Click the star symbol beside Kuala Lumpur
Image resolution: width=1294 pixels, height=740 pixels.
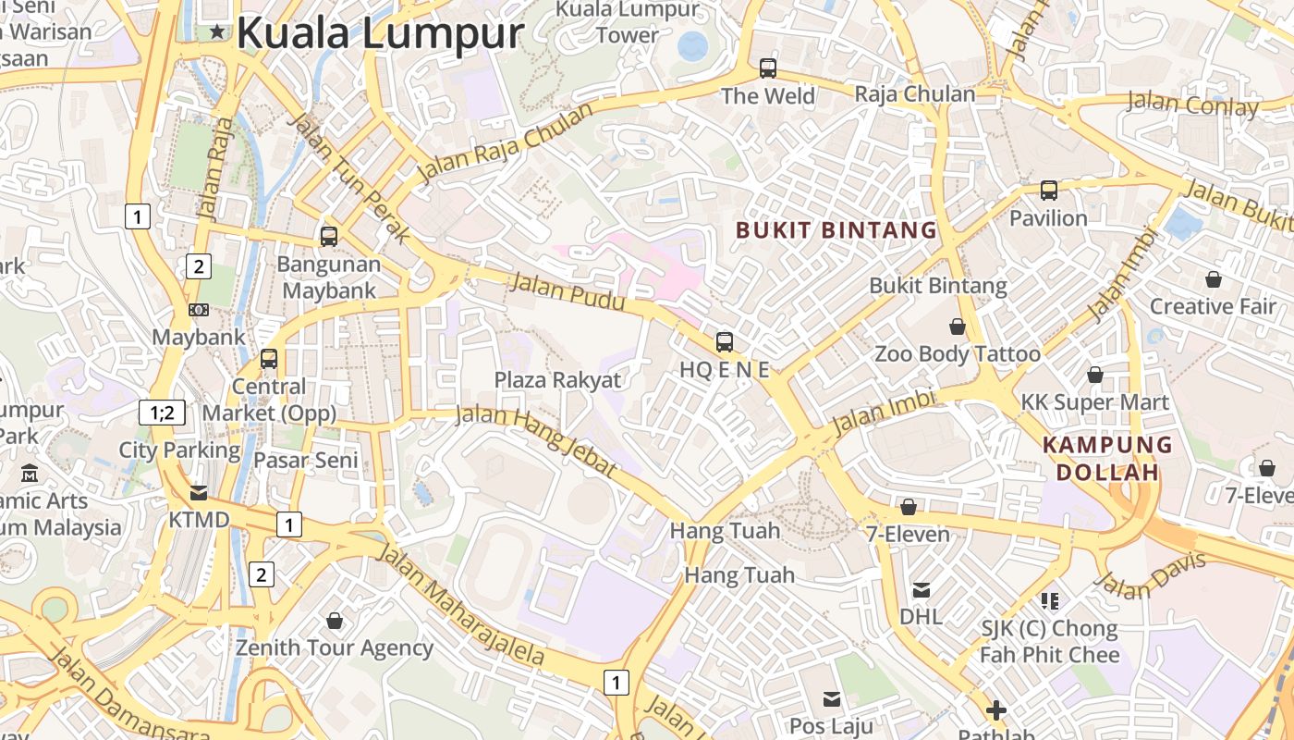coord(217,32)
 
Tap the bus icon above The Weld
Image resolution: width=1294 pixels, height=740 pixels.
coord(768,68)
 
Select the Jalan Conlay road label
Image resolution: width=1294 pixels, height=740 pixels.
coord(1192,104)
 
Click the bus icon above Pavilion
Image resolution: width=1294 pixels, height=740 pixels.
coord(1048,191)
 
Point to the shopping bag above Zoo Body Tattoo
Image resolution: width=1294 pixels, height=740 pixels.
coord(958,327)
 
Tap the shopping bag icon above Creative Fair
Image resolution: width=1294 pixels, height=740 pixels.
coord(1213,278)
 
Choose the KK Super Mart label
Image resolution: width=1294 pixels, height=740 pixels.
coord(1094,402)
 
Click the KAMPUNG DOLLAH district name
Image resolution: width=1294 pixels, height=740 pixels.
coord(1107,458)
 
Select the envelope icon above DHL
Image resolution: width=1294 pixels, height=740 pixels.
coord(922,590)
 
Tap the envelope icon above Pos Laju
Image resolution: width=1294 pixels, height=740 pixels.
coord(832,698)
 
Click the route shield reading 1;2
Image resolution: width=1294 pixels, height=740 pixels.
coord(162,413)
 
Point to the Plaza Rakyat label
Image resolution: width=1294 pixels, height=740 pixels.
coord(557,379)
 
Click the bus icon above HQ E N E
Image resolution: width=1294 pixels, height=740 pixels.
coord(725,342)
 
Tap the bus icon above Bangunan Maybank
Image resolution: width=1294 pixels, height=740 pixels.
coord(329,237)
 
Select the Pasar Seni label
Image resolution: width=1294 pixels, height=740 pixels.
coord(306,460)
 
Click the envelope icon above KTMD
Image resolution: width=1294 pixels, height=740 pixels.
coord(199,492)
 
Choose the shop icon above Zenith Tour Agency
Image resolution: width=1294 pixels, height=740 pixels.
coord(335,620)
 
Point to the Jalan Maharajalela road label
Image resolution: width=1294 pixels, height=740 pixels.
coord(462,606)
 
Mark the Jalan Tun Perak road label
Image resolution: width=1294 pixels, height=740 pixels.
coord(349,176)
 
